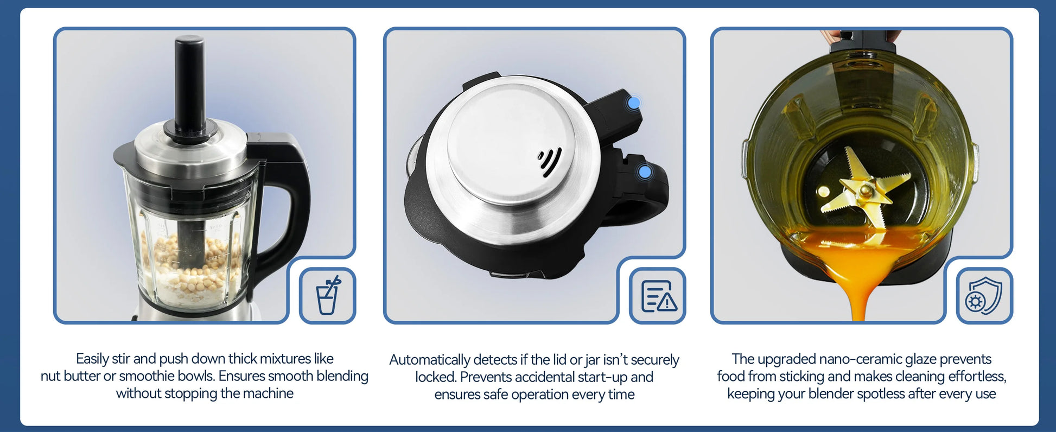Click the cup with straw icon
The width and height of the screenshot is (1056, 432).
328,295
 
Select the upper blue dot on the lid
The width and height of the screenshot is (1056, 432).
633,102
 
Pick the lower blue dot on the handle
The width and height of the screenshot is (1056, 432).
645,172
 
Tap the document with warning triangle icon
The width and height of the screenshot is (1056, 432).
659,296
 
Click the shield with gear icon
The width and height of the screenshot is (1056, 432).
983,296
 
